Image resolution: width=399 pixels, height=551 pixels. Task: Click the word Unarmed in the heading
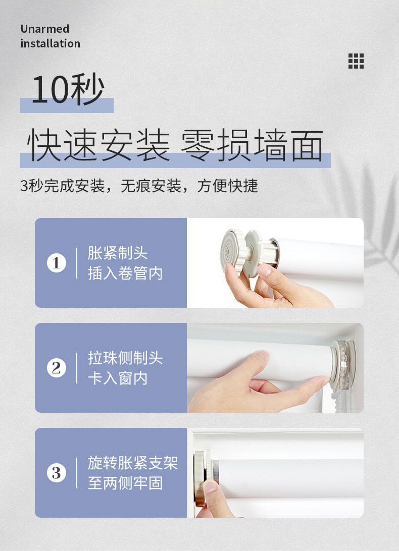44,29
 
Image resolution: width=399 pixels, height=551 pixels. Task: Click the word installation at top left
51,43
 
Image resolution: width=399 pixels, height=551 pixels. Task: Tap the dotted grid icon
356,61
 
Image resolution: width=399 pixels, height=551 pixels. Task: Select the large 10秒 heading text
68,89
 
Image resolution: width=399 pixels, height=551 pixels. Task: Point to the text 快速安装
98,144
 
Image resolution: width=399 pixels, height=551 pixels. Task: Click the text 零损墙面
252,144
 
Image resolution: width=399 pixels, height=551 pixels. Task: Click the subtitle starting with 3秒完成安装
139,186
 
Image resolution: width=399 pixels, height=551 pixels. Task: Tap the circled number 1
56,263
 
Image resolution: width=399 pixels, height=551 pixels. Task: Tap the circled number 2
56,368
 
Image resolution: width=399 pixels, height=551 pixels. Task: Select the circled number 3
56,473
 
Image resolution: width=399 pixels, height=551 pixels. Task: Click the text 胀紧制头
118,253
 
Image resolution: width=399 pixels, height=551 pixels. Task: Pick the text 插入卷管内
125,273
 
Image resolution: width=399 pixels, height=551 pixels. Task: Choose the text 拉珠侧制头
125,358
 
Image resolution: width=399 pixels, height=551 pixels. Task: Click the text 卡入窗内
118,378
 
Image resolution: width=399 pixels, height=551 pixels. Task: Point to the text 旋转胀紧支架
133,463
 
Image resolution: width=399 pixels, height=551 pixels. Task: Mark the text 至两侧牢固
125,483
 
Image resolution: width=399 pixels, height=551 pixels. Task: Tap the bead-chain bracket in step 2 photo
342,365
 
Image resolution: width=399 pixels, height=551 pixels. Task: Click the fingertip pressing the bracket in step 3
211,487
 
